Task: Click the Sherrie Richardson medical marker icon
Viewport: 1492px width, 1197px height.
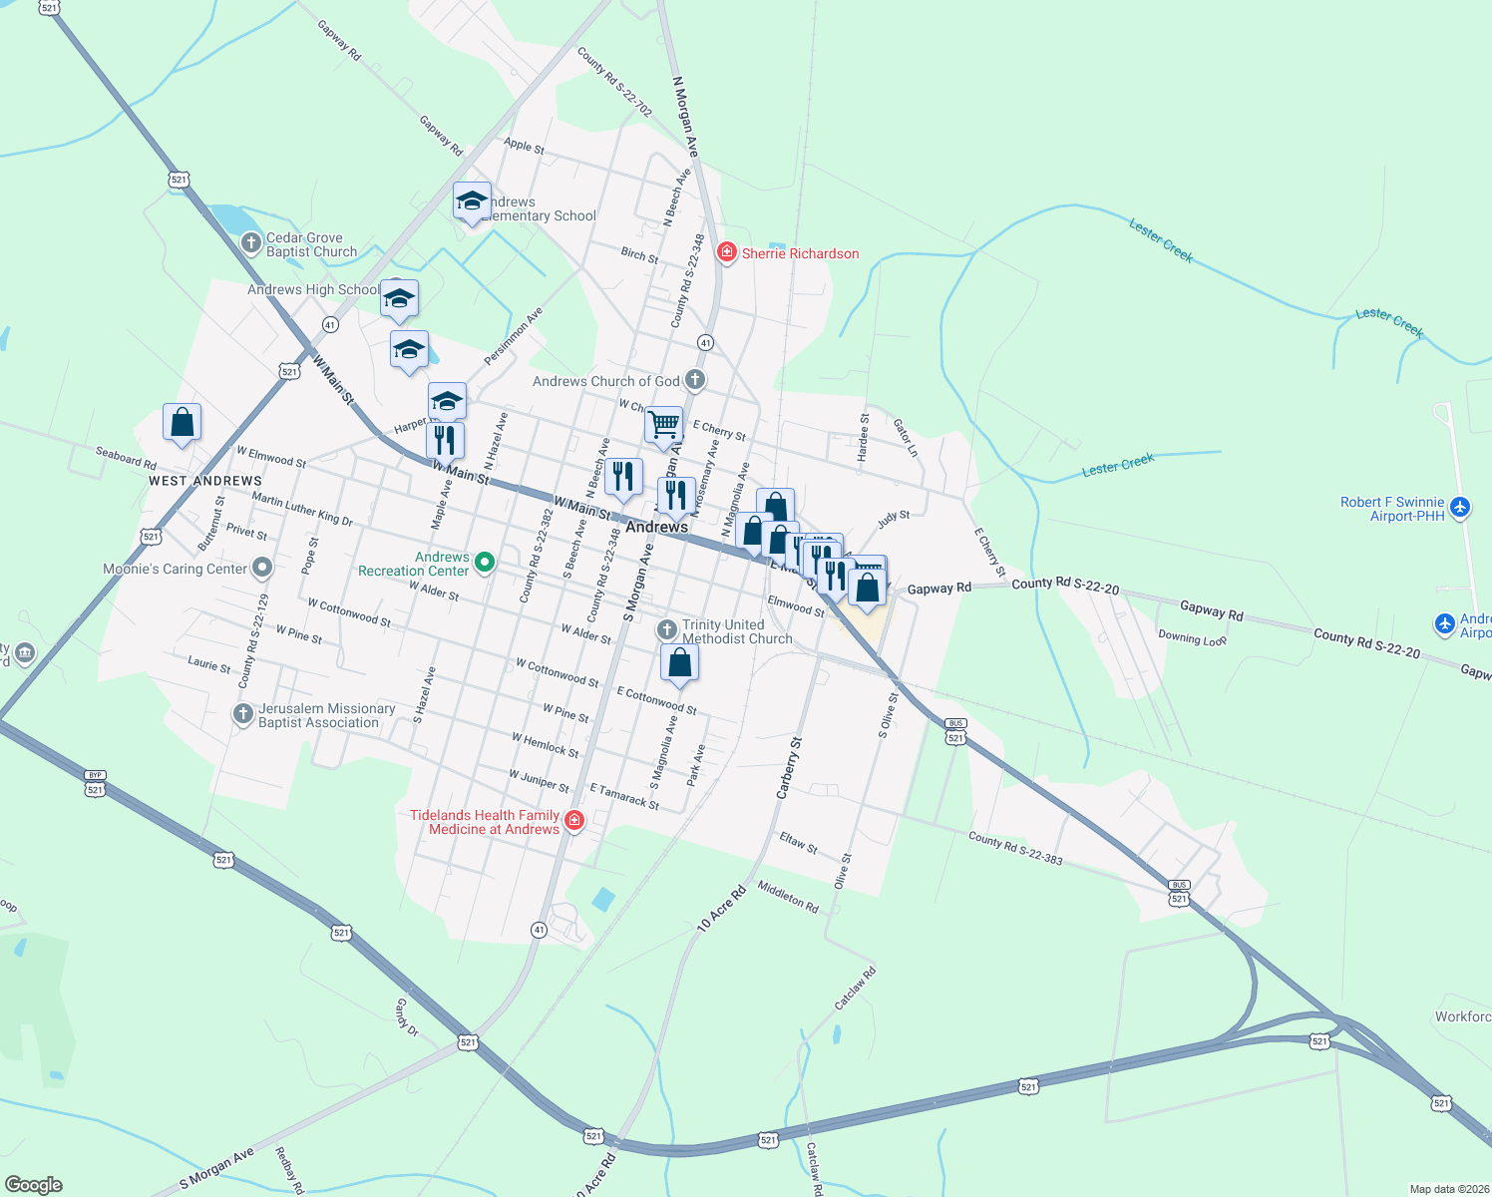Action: click(727, 252)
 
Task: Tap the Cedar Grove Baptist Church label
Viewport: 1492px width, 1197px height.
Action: click(311, 244)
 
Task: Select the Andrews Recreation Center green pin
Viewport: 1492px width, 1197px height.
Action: click(485, 563)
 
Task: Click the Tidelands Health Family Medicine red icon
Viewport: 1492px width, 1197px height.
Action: click(573, 821)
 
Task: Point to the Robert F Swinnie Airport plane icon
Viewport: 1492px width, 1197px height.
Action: click(1460, 508)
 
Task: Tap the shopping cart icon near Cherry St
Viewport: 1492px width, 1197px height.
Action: click(663, 425)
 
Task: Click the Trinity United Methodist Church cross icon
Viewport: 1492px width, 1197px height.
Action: click(666, 630)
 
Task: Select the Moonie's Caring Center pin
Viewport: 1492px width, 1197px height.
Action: click(261, 568)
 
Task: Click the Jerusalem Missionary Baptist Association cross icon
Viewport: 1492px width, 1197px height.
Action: click(242, 714)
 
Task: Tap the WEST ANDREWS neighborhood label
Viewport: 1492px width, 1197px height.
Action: click(205, 481)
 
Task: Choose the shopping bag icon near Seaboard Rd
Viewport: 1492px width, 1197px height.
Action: click(182, 422)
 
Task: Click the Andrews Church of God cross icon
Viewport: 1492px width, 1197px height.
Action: click(695, 380)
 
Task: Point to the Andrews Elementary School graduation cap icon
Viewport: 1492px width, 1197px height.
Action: click(472, 201)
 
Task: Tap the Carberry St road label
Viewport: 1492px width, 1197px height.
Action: click(789, 768)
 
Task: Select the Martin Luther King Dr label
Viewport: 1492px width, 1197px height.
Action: click(302, 509)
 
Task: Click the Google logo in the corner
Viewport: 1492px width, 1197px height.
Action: click(33, 1185)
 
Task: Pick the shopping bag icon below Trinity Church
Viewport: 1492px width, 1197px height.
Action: click(679, 662)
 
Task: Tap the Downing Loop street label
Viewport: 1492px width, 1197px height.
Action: click(1192, 638)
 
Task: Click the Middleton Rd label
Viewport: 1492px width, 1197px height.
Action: click(788, 897)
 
